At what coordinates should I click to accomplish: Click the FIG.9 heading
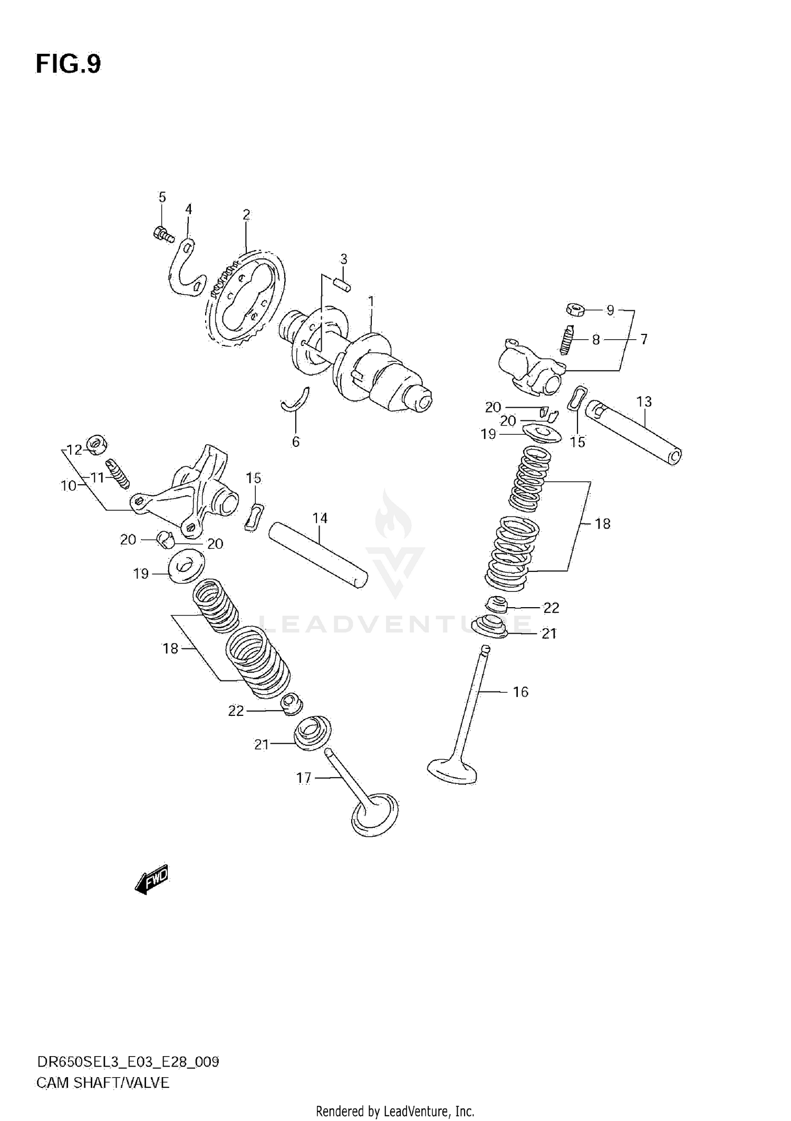pos(68,64)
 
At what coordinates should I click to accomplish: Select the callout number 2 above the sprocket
pos(246,215)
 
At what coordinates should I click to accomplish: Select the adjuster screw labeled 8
pos(567,340)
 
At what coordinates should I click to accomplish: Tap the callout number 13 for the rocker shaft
pos(644,401)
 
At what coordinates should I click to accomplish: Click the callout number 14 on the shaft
pos(320,518)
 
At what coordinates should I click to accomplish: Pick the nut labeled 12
pos(97,446)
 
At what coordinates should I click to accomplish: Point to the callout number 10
pos(69,485)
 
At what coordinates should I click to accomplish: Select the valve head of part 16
pos(452,771)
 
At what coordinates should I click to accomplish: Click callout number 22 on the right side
pos(551,608)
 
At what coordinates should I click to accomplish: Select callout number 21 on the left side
pos(261,744)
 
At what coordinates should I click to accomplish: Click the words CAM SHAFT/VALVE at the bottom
pos(103,1082)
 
